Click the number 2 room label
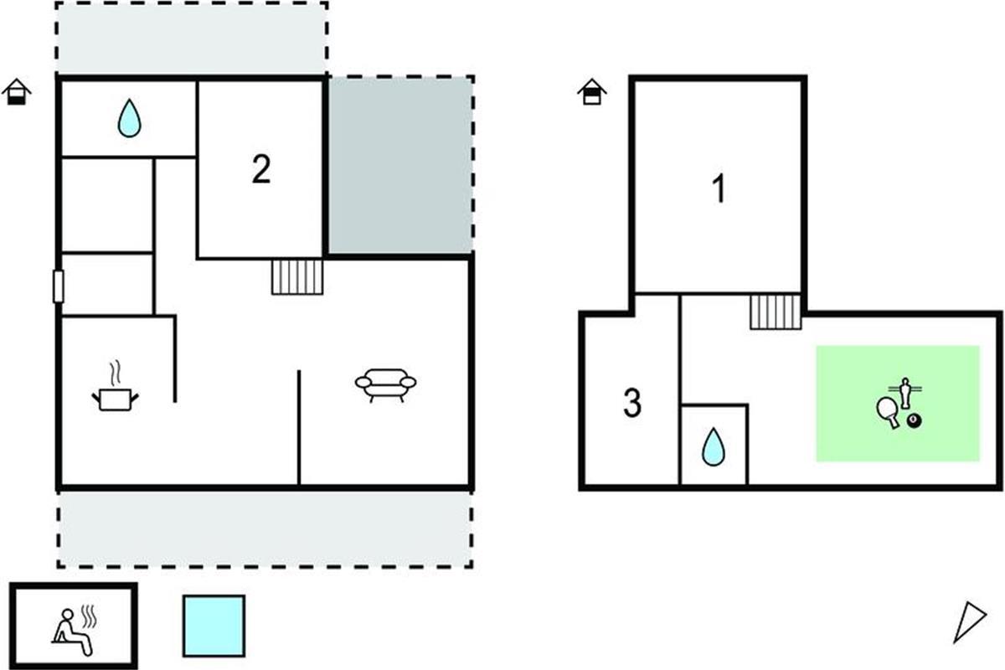click(261, 171)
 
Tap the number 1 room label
click(719, 190)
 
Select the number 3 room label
click(632, 404)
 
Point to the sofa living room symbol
click(386, 385)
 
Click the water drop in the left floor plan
click(128, 118)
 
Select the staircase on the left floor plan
click(297, 276)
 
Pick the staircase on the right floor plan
click(775, 312)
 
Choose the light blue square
click(214, 626)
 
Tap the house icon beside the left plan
click(16, 91)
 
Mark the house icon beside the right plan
click(591, 91)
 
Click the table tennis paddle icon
click(889, 411)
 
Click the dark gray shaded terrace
click(399, 165)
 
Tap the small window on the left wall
click(59, 286)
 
